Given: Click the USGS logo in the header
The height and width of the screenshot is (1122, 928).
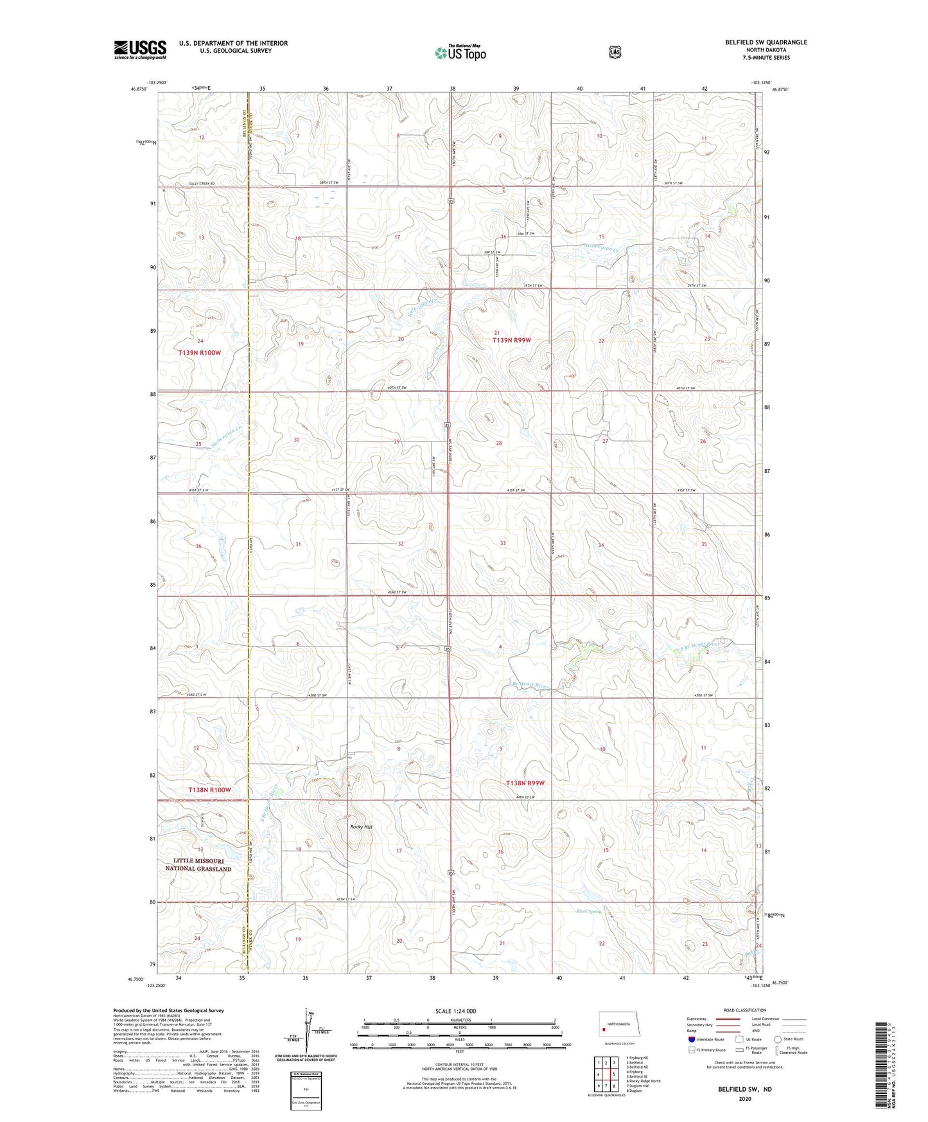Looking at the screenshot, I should [x=140, y=49].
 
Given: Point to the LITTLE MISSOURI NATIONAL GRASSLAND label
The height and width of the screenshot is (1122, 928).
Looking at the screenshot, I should [x=198, y=864].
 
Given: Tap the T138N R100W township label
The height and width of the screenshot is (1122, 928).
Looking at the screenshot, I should [x=209, y=790].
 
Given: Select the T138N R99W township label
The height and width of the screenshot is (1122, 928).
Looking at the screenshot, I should [x=525, y=783].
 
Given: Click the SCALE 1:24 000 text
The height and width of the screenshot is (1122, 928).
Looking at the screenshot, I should [x=455, y=1011].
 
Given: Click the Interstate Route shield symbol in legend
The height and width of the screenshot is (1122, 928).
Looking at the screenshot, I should [x=691, y=1039].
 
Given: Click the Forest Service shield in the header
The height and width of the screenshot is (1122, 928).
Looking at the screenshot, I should [x=615, y=52].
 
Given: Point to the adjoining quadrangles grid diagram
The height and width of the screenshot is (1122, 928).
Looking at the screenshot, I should [x=605, y=1073].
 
